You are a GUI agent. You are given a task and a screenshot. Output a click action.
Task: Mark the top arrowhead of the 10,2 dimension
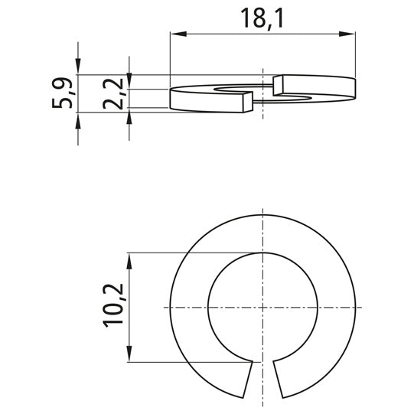coord(130,258)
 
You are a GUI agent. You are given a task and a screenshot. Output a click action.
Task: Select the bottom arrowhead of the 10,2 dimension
coord(130,356)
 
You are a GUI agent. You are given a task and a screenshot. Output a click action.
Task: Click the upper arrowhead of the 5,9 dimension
coord(79,69)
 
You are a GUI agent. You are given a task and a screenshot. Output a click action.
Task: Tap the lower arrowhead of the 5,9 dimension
coord(79,119)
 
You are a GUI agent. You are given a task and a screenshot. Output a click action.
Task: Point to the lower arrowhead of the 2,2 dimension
coord(130,119)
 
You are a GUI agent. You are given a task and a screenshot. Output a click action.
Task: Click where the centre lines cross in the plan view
coord(262,307)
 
